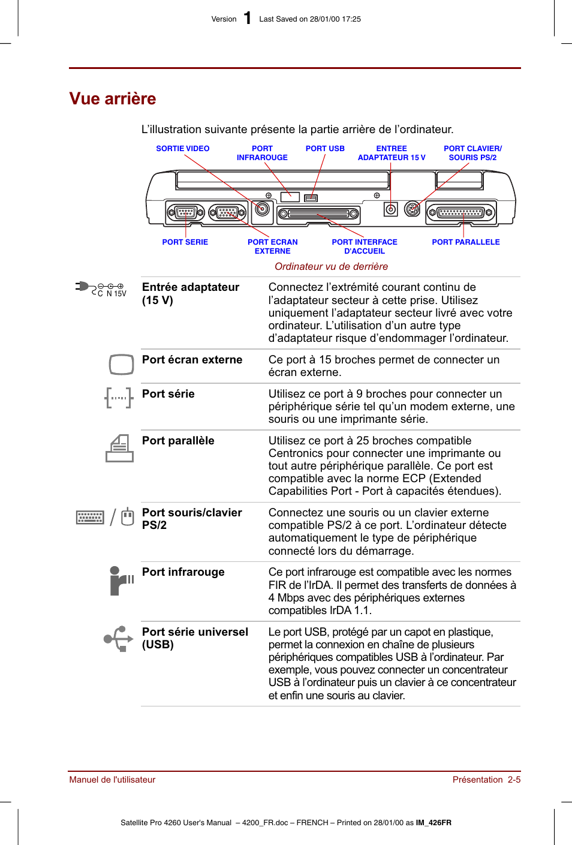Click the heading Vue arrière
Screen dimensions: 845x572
click(x=113, y=98)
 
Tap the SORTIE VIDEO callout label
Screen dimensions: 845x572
click(x=183, y=149)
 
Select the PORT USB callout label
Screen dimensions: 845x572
click(x=325, y=149)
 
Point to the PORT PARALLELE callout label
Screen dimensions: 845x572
click(x=465, y=242)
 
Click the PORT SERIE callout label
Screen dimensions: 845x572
click(x=185, y=242)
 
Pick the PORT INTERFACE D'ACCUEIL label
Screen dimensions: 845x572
click(x=365, y=246)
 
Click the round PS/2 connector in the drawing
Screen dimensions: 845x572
click(x=412, y=209)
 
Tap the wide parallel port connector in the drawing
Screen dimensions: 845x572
click(x=461, y=212)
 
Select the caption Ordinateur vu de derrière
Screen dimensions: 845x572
click(x=331, y=266)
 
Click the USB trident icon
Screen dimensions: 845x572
click(x=118, y=639)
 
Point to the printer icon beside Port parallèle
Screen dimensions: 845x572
click(x=120, y=448)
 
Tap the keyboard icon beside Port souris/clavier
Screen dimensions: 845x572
click(x=90, y=517)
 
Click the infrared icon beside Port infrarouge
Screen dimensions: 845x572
click(x=121, y=581)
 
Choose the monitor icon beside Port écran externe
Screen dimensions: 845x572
click(x=121, y=364)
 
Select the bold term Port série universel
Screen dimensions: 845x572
click(x=195, y=632)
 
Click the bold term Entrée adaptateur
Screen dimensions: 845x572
click(x=191, y=287)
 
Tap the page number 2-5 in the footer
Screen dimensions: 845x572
click(x=514, y=780)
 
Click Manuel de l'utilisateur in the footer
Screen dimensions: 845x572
click(x=112, y=780)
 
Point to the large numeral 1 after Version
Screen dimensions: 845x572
click(x=248, y=18)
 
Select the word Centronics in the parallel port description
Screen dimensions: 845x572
click(x=295, y=453)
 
